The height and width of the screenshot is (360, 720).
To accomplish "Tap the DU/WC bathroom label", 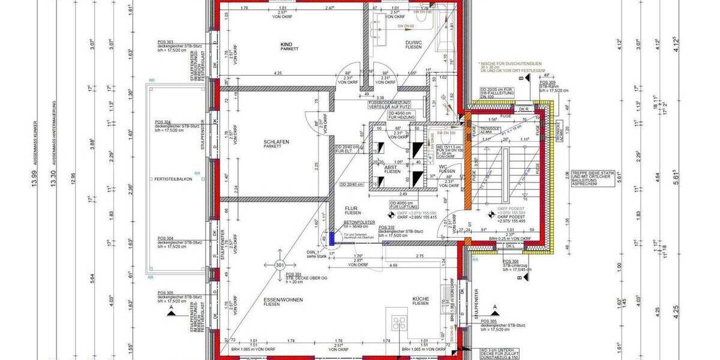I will coord(413,43).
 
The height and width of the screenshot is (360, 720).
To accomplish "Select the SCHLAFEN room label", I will coord(277,142).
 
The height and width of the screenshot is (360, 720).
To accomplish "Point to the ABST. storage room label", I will coord(391,167).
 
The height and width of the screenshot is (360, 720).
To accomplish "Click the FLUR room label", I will coord(351,209).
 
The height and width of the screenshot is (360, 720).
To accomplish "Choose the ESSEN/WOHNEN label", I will coord(283,299).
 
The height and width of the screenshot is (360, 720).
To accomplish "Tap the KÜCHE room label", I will coord(420,299).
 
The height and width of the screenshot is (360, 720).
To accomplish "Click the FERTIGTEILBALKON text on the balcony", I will coord(173,179).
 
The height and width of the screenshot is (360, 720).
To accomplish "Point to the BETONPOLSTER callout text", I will coord(359,222).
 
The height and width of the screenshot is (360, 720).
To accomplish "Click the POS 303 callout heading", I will coord(165,41).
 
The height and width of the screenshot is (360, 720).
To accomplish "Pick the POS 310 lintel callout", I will coord(386,227).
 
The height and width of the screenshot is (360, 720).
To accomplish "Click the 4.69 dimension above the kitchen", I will coord(394,265).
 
